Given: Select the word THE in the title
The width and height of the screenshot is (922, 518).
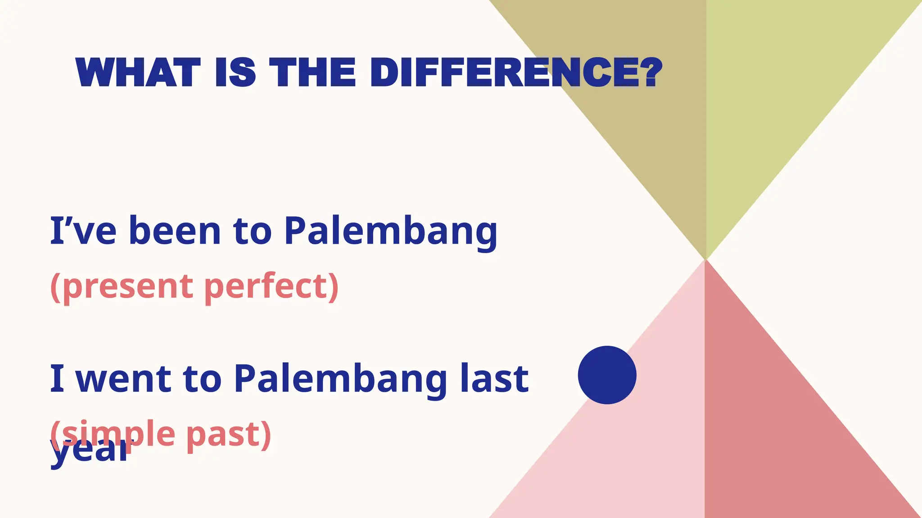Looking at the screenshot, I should pyautogui.click(x=313, y=72).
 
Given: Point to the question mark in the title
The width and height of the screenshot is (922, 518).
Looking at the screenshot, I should pyautogui.click(x=651, y=72).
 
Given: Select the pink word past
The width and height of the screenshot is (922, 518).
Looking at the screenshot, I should pyautogui.click(x=227, y=434).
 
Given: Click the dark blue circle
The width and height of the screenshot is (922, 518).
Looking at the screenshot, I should pyautogui.click(x=607, y=375).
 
